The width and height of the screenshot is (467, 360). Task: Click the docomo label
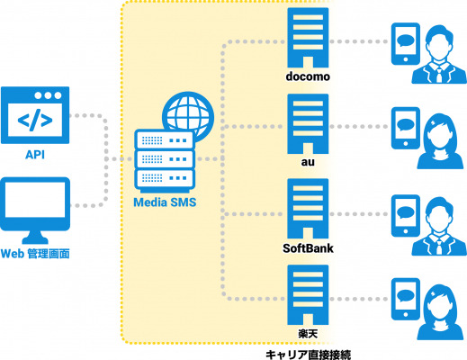[308, 76]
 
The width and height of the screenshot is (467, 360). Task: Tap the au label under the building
[308, 162]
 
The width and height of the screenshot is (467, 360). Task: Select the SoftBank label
[308, 248]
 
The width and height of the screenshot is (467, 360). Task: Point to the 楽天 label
[308, 334]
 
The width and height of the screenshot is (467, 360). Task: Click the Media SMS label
[165, 202]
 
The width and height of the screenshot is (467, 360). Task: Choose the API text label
[35, 155]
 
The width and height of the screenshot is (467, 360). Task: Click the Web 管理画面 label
[35, 254]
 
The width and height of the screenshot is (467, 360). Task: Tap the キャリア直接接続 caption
[308, 355]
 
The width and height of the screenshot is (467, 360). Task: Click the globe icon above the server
[188, 115]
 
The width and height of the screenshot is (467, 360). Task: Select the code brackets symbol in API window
[35, 120]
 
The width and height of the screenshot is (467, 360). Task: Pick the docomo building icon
[308, 38]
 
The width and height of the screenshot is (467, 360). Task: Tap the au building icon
[308, 124]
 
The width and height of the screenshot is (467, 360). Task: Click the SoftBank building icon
[308, 209]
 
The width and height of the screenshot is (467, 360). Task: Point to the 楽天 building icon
[308, 295]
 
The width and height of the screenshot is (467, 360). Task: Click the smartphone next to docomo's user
[406, 44]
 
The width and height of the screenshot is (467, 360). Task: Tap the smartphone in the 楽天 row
[406, 299]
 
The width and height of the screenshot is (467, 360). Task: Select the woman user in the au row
[440, 141]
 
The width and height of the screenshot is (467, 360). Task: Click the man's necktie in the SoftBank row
[439, 247]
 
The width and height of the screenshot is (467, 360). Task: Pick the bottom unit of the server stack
[165, 179]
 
